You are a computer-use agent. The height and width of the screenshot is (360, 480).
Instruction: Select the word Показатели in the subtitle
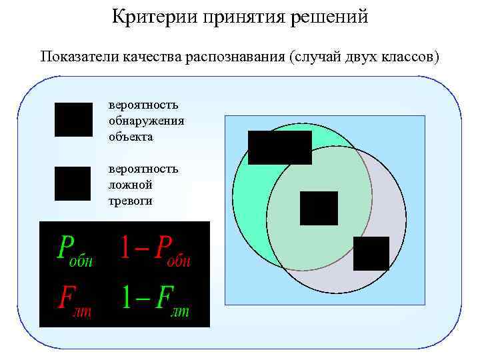[78, 56]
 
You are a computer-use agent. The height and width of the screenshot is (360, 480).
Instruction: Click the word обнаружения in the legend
[147, 121]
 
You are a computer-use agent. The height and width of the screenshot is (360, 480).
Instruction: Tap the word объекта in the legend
[131, 137]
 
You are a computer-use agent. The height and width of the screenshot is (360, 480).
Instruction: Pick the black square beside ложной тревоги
[72, 183]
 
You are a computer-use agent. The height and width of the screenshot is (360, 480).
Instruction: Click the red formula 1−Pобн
[155, 250]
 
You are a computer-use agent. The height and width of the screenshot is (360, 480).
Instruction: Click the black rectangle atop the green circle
[279, 147]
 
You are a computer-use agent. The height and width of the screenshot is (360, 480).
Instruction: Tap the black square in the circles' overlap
[319, 208]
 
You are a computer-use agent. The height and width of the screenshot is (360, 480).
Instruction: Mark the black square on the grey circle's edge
[371, 253]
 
